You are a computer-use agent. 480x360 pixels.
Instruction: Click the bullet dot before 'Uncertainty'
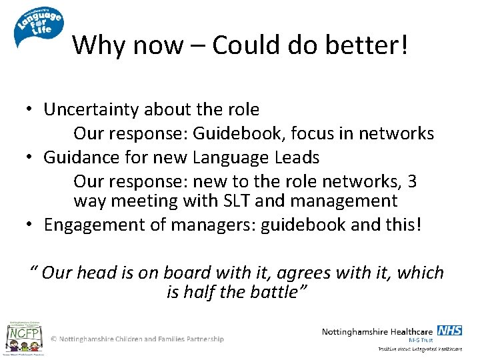[x=31, y=110]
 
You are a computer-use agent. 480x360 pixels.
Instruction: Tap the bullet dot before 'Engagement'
[x=31, y=225]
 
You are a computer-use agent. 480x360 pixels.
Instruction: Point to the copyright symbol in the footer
[x=54, y=339]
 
